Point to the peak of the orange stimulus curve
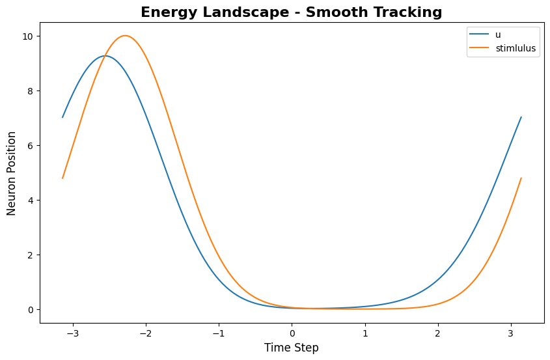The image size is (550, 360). coord(125,36)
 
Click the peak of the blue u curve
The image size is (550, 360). coord(104,56)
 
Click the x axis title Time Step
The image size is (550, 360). coord(292,348)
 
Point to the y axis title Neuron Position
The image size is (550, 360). coord(12,173)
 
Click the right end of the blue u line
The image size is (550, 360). coord(521,117)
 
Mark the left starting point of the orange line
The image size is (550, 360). coord(62,178)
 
